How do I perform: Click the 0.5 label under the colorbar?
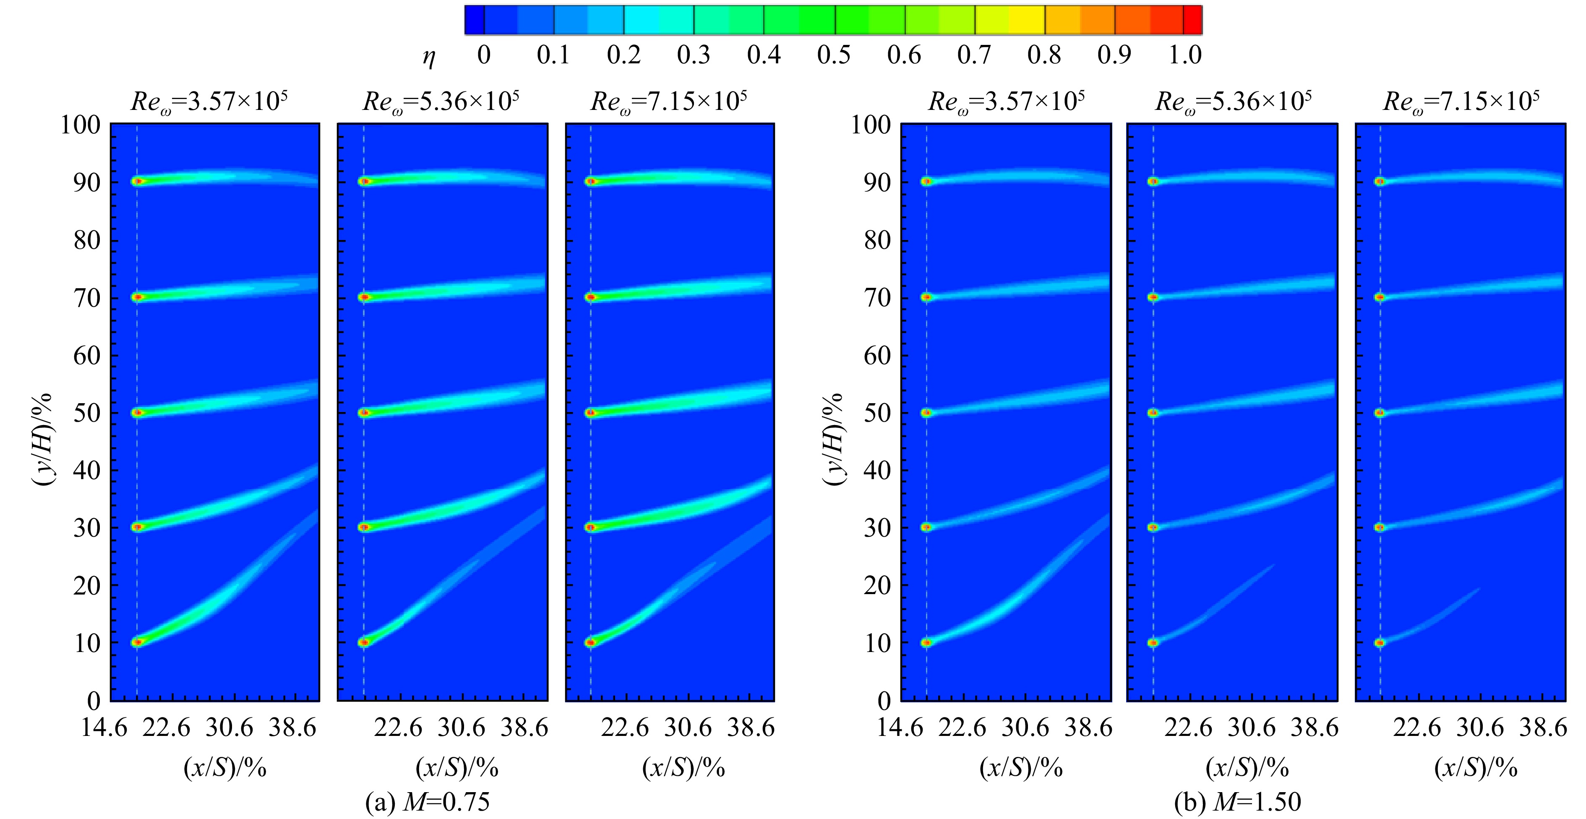point(834,55)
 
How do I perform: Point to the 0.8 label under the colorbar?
point(1044,55)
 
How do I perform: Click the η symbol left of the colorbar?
point(429,58)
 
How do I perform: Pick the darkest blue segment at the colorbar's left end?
point(475,20)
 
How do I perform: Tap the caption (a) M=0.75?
point(428,802)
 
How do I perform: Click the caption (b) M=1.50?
point(1237,802)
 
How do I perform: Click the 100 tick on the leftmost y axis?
point(80,125)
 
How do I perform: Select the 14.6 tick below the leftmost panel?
point(104,728)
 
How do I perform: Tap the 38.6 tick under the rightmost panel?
point(1543,728)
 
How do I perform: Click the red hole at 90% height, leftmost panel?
point(138,181)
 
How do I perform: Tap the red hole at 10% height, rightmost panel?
point(1380,643)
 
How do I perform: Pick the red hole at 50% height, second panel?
point(364,412)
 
